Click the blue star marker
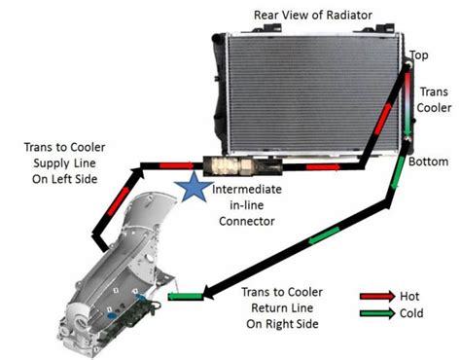click(x=194, y=188)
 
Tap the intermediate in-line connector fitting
click(x=242, y=165)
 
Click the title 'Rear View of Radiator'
click(x=312, y=15)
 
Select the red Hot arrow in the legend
click(x=377, y=296)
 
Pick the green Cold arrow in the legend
click(x=377, y=313)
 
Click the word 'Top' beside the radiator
click(x=419, y=55)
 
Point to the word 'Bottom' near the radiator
click(x=428, y=162)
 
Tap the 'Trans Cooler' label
click(x=434, y=100)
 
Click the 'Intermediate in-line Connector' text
click(x=247, y=205)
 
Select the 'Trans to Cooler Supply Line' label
click(x=65, y=163)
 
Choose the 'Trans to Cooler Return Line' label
click(x=282, y=307)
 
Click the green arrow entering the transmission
click(x=185, y=296)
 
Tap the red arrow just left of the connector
click(x=177, y=165)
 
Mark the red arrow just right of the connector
click(x=323, y=167)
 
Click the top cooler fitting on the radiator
click(x=408, y=66)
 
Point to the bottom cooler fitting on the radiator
click(x=407, y=139)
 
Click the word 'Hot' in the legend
click(x=409, y=296)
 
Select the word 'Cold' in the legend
click(x=411, y=313)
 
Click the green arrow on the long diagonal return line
click(x=324, y=235)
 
